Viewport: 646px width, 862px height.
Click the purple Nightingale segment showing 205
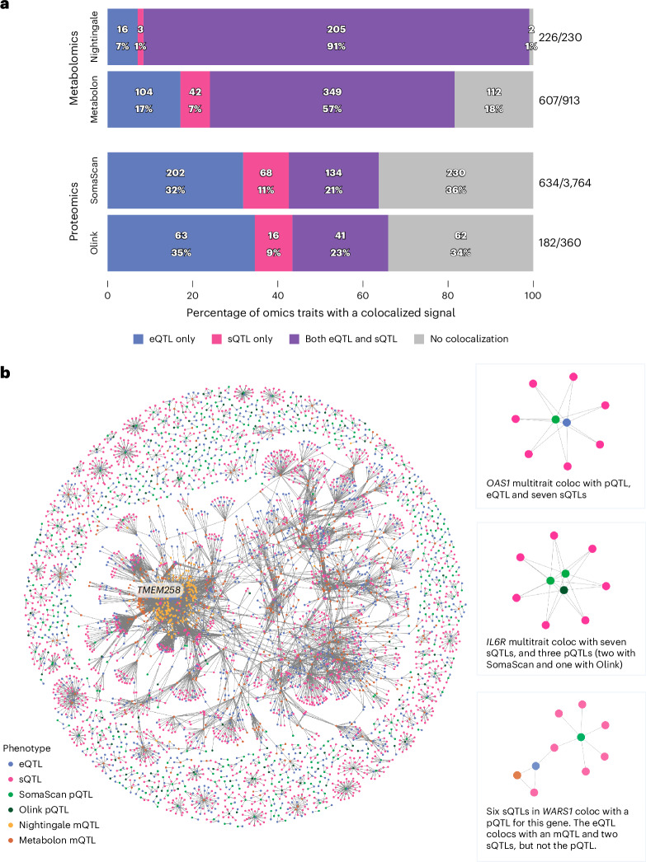[337, 37]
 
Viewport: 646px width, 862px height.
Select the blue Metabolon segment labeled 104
[144, 100]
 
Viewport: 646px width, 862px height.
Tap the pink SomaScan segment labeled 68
[266, 180]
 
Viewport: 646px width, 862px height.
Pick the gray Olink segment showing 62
[460, 243]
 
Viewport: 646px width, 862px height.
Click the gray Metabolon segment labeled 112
[493, 100]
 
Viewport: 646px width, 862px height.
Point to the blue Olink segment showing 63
[181, 243]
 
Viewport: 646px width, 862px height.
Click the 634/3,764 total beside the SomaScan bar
[564, 183]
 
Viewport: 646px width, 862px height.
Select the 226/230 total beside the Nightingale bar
[560, 37]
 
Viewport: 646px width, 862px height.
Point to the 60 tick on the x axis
[363, 295]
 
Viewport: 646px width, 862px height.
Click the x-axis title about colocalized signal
[321, 313]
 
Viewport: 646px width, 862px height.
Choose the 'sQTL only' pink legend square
[216, 340]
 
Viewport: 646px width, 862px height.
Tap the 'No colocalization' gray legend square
[419, 340]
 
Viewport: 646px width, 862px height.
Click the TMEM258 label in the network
[158, 590]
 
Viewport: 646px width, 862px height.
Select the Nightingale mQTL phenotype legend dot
[11, 825]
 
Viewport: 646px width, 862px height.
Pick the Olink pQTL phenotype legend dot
[11, 810]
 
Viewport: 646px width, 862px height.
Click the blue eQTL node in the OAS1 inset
[567, 422]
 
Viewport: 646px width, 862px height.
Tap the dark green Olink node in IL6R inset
[563, 590]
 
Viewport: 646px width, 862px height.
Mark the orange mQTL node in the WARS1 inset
[516, 775]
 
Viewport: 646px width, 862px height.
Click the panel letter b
[6, 372]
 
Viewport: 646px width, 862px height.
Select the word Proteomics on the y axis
[73, 212]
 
